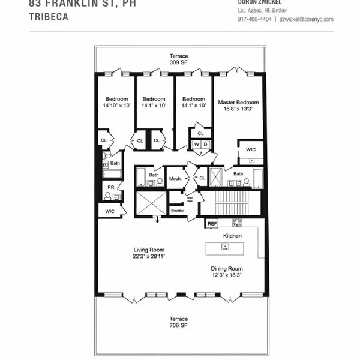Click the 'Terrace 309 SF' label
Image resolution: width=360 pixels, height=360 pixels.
coord(178,59)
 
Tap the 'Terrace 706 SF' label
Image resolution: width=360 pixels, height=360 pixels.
coord(178,322)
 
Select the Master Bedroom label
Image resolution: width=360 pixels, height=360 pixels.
coord(238,106)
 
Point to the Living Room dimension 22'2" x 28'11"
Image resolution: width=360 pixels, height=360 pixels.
coord(149,256)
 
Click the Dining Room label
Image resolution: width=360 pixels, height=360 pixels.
coord(227,269)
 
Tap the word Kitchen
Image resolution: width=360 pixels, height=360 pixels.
coord(232,236)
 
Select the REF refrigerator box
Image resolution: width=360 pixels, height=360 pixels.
coord(212,224)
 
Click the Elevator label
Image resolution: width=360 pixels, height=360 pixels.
coord(177,211)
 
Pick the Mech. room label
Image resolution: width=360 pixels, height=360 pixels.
coord(175,178)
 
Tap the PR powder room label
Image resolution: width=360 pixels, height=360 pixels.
coord(110,187)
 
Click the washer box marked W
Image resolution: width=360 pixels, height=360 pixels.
coord(196,144)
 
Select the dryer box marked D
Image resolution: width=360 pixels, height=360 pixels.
coord(205,144)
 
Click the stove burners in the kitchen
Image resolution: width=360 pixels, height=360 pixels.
coord(237,223)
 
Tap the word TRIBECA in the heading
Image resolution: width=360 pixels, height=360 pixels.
coord(48,17)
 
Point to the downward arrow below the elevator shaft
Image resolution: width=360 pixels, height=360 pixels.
coord(158,220)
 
